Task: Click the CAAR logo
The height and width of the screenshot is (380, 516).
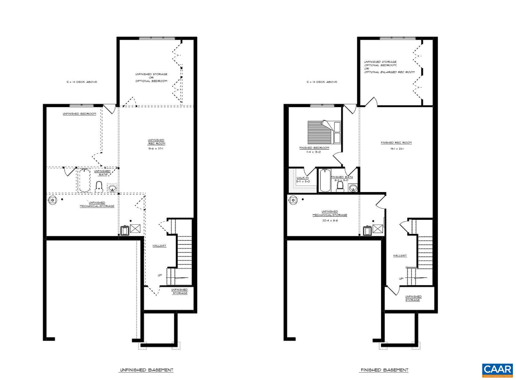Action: (497, 370)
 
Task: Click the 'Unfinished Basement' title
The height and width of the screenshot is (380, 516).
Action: (146, 370)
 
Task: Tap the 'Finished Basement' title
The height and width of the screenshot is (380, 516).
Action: (384, 370)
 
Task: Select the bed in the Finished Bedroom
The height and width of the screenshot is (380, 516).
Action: (324, 132)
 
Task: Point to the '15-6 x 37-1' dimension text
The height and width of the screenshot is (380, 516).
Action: (156, 149)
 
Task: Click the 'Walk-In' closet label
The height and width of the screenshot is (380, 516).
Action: (302, 178)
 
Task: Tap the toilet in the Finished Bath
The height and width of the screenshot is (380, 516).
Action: (340, 186)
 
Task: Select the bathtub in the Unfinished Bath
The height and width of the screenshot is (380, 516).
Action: (84, 180)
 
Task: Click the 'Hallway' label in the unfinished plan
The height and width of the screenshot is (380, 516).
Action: (160, 246)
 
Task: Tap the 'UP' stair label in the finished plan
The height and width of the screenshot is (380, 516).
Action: (401, 279)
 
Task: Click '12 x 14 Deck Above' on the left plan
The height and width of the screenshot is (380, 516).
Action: (82, 82)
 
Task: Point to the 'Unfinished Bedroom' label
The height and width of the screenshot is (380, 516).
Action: (79, 114)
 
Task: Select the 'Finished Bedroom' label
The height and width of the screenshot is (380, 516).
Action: (314, 148)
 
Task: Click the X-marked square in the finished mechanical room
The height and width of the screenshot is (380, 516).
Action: (378, 229)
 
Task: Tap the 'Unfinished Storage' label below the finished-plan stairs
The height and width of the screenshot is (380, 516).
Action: (413, 298)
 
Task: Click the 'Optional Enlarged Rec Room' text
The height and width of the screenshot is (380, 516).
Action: (389, 72)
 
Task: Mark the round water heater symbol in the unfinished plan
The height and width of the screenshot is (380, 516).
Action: (53, 200)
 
